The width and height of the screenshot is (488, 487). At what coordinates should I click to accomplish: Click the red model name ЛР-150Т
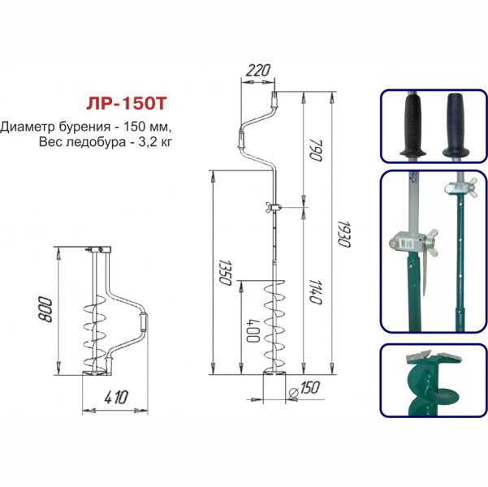point(127,104)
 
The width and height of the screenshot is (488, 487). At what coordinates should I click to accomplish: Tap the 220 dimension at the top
point(258,71)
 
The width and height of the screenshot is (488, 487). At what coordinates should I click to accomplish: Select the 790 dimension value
point(316,150)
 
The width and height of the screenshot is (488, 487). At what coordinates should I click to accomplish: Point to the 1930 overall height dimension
point(344,235)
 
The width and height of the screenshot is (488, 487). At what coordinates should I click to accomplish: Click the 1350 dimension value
point(225,273)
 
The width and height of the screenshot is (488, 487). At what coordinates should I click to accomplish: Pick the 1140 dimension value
point(315,292)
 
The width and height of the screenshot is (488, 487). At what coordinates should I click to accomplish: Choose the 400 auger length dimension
point(253,330)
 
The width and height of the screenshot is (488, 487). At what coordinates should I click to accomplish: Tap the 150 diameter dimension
point(309,388)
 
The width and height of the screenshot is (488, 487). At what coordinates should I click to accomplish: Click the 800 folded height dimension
point(45,309)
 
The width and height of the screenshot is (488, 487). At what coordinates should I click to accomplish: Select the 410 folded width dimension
point(116,398)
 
